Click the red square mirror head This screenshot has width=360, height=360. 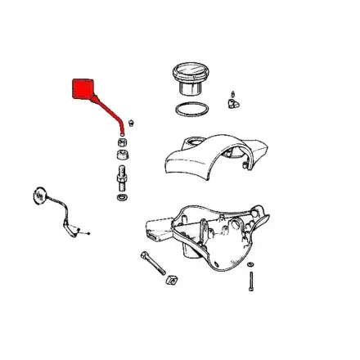click(83, 90)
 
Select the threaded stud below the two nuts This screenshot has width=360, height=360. click(122, 175)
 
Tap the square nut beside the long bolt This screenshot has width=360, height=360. click(173, 283)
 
